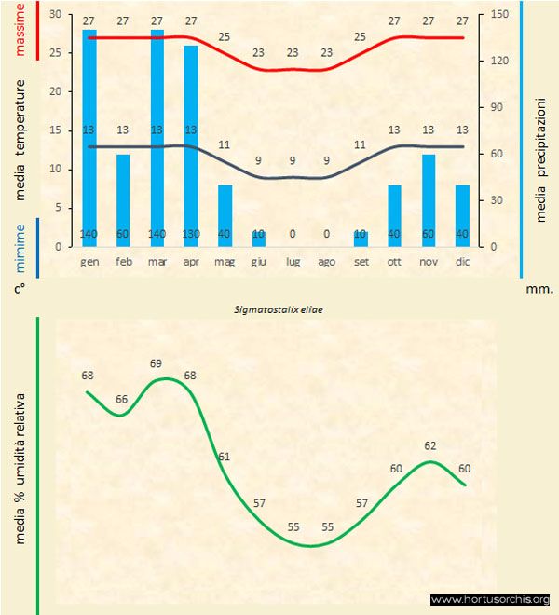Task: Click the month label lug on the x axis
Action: pos(293,262)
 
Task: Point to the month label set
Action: pos(361,262)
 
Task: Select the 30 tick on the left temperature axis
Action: pos(54,15)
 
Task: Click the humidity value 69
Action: pos(157,362)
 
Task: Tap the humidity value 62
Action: pos(429,445)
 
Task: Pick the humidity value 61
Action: pos(225,457)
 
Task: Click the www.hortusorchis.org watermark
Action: pos(490,599)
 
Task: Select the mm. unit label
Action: pos(539,289)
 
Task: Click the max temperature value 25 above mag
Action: pos(225,36)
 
